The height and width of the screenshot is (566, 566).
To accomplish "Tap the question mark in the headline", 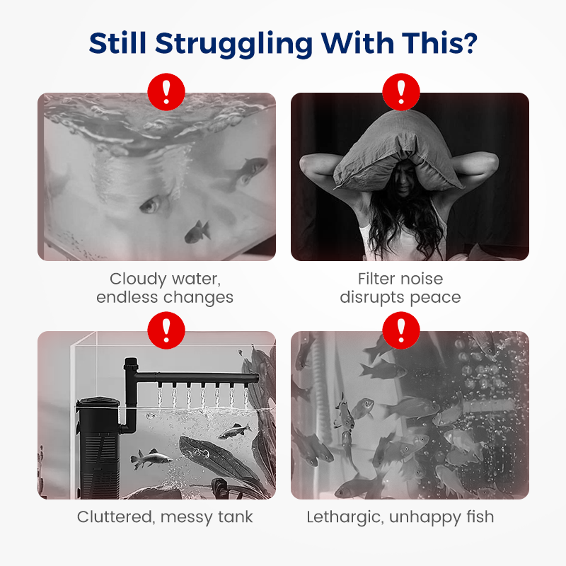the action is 470,43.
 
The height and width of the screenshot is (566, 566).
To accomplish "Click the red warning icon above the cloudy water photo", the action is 166,92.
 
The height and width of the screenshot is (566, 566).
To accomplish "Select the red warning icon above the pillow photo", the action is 401,92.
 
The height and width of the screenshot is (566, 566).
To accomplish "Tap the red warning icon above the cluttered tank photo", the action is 166,330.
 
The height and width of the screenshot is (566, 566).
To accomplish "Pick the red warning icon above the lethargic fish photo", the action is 401,330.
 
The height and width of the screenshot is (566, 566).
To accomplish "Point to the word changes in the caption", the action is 200,297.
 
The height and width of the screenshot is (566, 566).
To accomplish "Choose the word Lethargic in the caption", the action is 345,518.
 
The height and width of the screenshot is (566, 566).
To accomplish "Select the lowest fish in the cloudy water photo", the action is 197,231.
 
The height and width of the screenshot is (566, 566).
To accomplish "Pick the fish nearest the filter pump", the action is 151,459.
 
